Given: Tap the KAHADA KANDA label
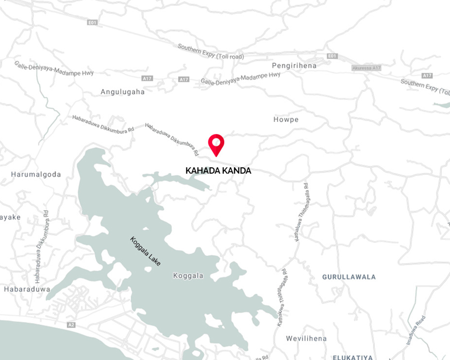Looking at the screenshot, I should point(218,171).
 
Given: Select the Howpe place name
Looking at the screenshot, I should point(286,120).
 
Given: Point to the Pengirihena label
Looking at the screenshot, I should point(294,66).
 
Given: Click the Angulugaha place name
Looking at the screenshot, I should point(122,92).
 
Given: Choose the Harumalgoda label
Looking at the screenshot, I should point(36,174).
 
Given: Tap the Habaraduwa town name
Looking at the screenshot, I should point(27,289).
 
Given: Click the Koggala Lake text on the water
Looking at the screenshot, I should point(145,251).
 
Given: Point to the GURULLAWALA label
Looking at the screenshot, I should point(349,277).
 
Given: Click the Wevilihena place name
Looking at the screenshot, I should point(306,338).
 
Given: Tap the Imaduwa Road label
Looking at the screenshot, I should point(417,330).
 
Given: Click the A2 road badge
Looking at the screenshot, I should point(71,324).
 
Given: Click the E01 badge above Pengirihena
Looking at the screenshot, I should point(332,56).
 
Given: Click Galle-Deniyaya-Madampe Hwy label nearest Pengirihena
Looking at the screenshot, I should point(240,78).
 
